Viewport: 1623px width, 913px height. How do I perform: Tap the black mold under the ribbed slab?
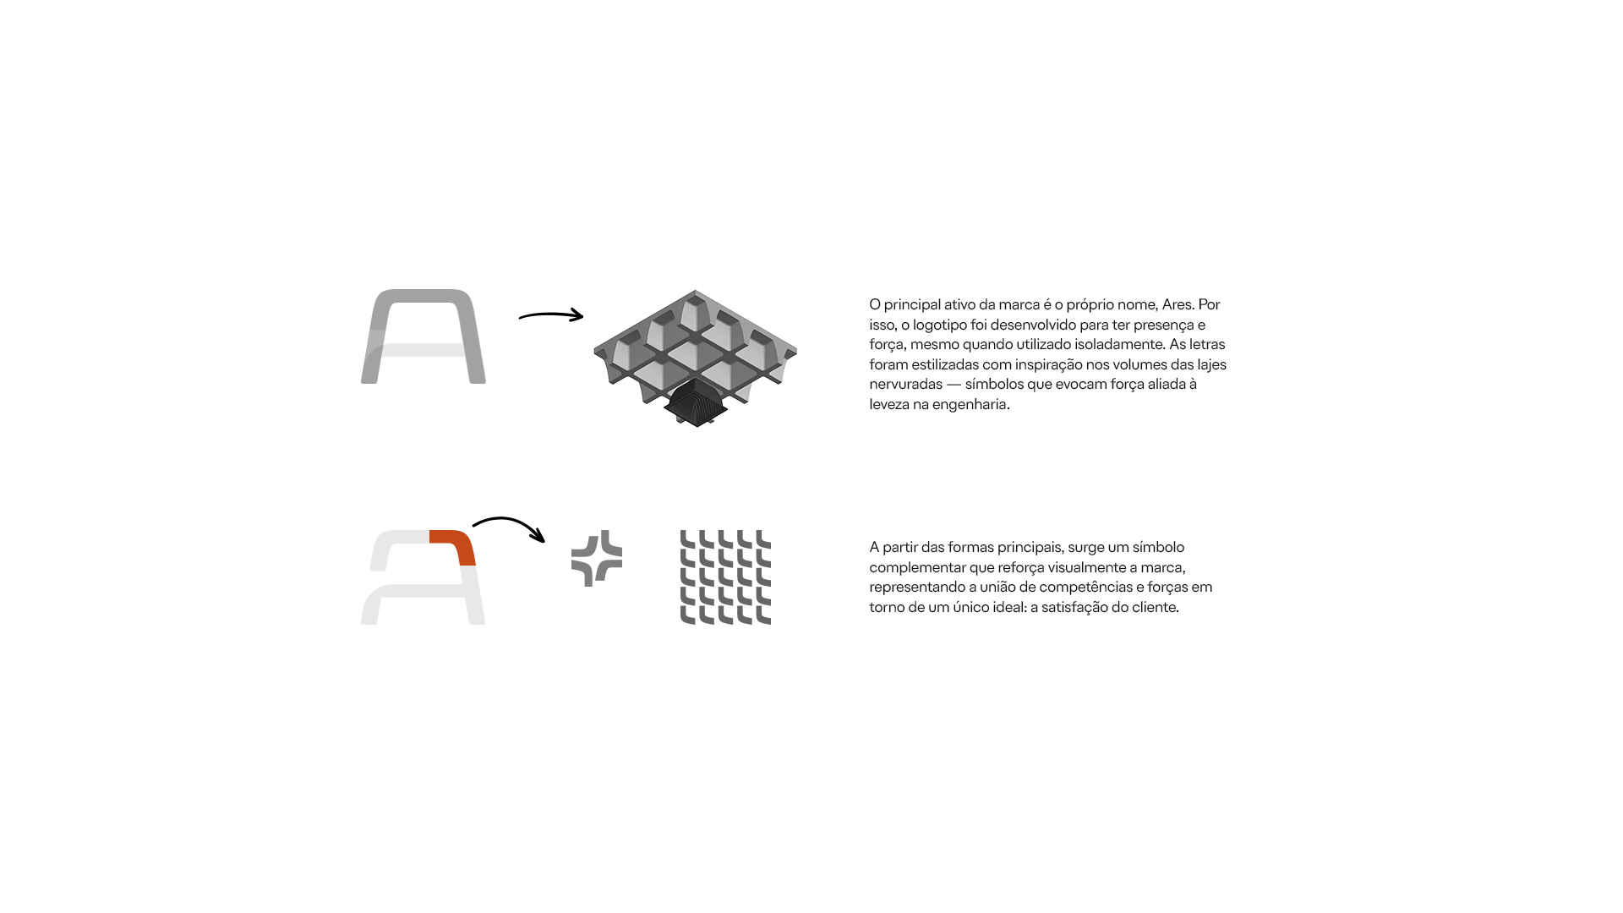[696, 403]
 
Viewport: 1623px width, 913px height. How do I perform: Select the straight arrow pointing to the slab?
[551, 315]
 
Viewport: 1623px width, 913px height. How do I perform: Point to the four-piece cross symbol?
[597, 558]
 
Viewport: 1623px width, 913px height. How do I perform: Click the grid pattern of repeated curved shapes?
[725, 577]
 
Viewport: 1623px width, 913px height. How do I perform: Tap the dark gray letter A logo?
[424, 336]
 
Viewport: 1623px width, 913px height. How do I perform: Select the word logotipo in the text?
[941, 325]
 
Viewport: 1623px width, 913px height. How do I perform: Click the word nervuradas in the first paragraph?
[905, 385]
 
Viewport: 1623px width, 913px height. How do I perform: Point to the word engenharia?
[970, 405]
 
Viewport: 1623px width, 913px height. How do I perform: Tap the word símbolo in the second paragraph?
[1158, 547]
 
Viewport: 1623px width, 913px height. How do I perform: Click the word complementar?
[917, 568]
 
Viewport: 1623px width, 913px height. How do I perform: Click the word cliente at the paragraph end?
[1152, 607]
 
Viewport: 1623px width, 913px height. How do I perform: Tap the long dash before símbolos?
[954, 385]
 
